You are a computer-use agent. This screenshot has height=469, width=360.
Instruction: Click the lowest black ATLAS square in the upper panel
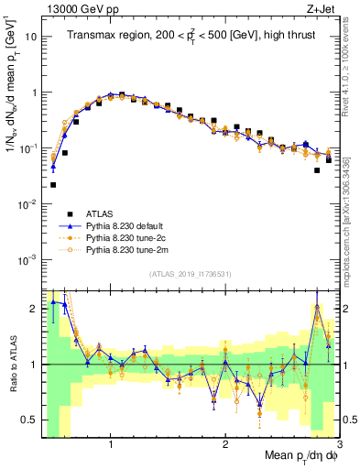click(53, 184)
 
